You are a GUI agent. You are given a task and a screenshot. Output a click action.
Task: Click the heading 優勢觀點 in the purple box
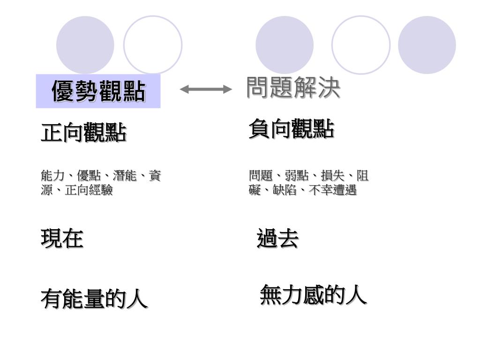98,91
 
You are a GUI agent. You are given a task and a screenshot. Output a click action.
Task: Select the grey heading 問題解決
293,88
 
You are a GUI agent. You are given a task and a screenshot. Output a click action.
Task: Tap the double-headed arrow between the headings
206,89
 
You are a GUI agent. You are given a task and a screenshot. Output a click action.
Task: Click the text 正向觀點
83,133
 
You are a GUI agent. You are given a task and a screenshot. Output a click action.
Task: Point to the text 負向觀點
291,128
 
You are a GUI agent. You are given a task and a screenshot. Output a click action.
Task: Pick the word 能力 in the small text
52,176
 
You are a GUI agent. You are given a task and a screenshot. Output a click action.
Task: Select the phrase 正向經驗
89,190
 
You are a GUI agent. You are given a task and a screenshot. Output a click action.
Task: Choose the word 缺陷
285,190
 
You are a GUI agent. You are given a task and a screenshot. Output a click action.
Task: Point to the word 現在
62,239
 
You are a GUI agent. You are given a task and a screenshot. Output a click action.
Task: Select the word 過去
277,239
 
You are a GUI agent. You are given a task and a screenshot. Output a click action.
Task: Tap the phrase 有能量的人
94,299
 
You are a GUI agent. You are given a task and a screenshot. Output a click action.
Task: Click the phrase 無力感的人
313,295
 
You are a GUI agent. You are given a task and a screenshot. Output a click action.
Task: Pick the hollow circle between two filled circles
361,45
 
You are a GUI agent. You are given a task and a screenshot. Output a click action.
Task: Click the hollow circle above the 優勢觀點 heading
153,45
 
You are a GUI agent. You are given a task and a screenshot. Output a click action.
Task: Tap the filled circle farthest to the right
427,45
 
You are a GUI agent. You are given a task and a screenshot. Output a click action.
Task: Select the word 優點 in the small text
89,176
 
